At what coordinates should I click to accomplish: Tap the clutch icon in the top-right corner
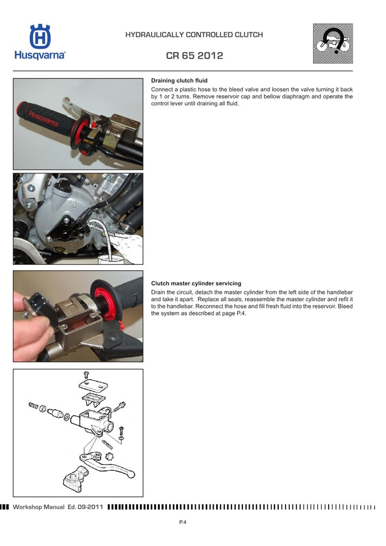(332, 43)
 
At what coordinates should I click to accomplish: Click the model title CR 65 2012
(194, 56)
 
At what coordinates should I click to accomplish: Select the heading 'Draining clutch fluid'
(179, 81)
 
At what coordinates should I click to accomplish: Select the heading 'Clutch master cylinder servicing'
(196, 283)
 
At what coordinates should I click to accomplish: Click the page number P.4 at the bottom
(183, 522)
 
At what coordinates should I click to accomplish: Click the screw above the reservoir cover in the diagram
(85, 374)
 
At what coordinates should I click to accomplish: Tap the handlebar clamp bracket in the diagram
(75, 479)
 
